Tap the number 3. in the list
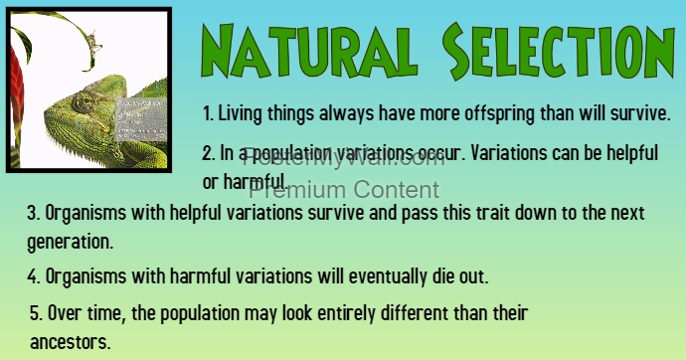tap(33, 213)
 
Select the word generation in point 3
tap(71, 241)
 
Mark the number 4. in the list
tap(33, 274)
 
